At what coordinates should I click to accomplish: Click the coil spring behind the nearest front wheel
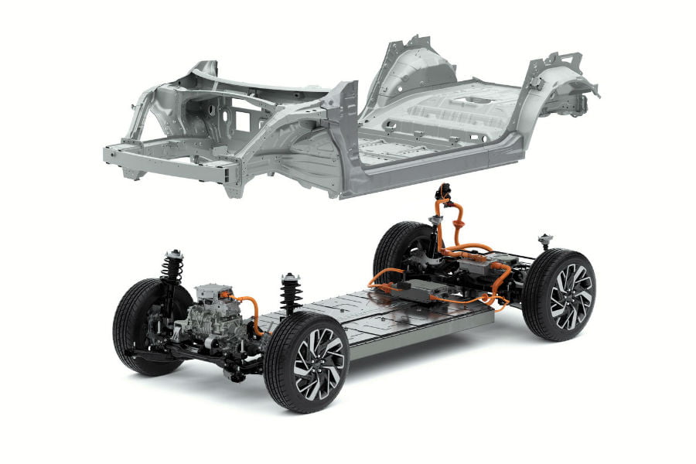pyautogui.click(x=291, y=294)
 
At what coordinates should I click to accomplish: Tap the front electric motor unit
pyautogui.click(x=213, y=313)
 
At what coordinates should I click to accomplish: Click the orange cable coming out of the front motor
pyautogui.click(x=251, y=309)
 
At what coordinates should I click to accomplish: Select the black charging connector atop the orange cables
pyautogui.click(x=443, y=192)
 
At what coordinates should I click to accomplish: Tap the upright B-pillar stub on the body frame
pyautogui.click(x=344, y=116)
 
